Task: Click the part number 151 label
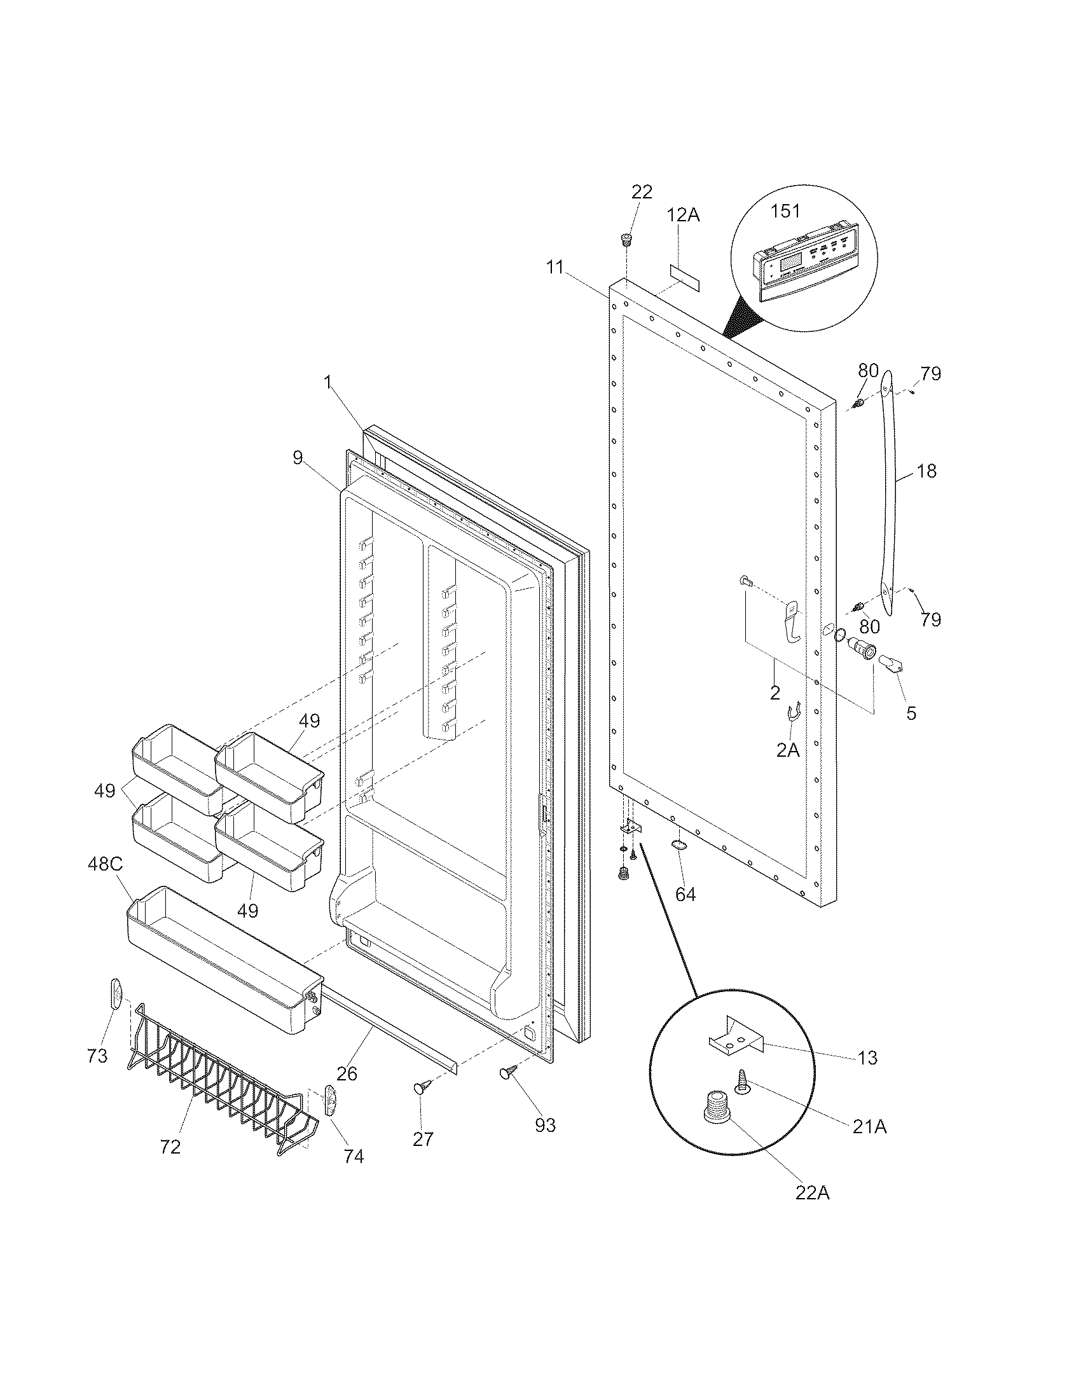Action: [785, 210]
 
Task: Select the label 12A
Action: [684, 215]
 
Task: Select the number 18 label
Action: [926, 471]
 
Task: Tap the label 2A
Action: [788, 750]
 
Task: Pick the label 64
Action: [685, 894]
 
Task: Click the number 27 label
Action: [423, 1139]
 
